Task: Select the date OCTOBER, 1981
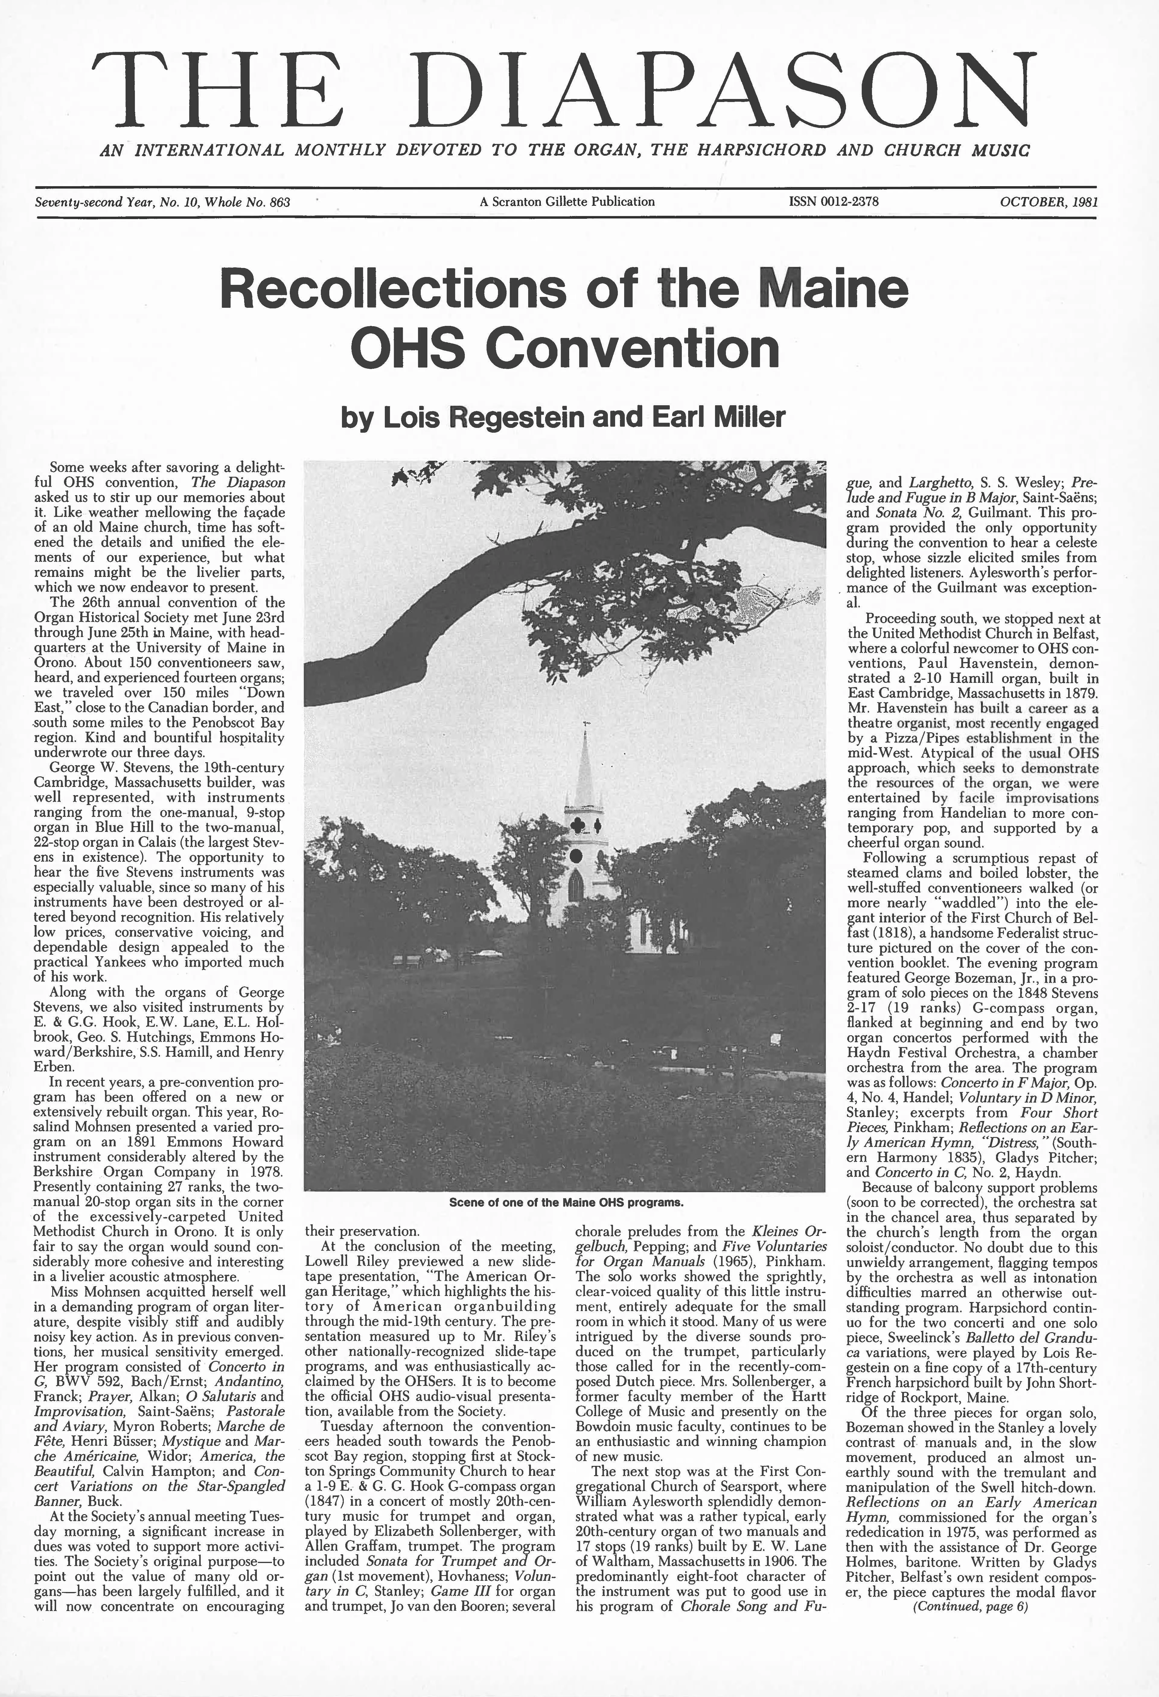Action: tap(1049, 202)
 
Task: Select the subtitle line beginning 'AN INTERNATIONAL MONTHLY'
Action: tap(564, 151)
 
